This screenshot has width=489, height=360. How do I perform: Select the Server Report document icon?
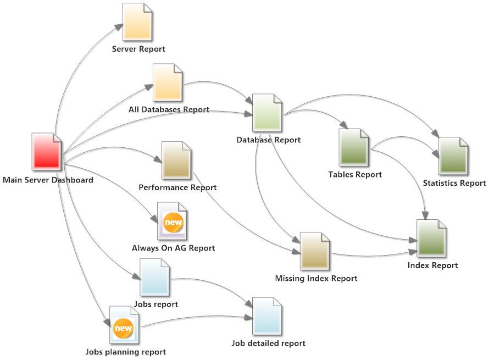click(138, 23)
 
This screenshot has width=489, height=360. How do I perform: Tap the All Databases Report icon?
click(168, 82)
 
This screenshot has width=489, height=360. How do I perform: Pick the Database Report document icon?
click(267, 113)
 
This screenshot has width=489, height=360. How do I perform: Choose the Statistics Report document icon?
click(453, 156)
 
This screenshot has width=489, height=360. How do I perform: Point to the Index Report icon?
click(432, 239)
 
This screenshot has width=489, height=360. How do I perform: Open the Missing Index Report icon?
click(315, 251)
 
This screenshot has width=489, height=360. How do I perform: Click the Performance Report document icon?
click(176, 160)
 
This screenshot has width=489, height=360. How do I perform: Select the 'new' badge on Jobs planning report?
click(124, 328)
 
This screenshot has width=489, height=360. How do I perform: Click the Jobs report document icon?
click(155, 278)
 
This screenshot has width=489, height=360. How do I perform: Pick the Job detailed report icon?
click(267, 317)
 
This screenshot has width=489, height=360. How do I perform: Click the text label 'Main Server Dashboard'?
click(48, 180)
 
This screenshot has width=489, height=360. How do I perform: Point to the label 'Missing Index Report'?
click(316, 279)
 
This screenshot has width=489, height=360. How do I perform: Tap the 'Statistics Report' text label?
click(454, 183)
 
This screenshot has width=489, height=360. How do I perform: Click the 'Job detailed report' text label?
click(268, 344)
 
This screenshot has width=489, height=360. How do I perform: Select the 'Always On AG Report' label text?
click(173, 248)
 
